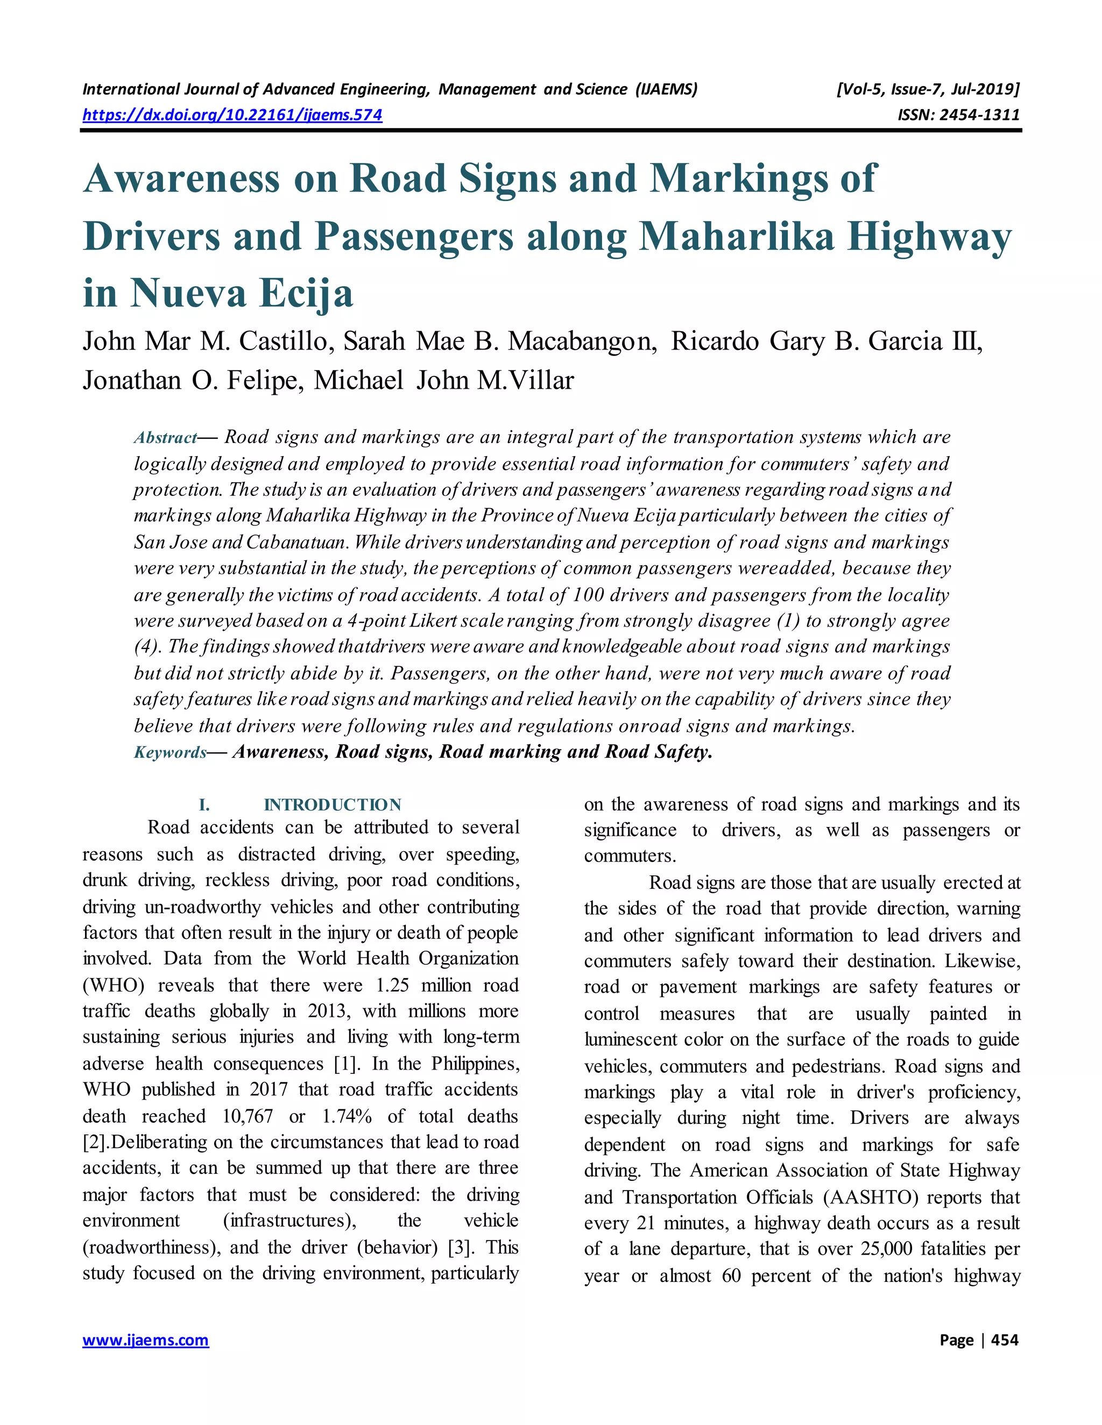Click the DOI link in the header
click(x=232, y=116)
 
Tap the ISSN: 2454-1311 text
click(x=958, y=116)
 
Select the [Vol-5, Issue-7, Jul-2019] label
click(x=927, y=89)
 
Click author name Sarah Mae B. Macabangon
click(x=499, y=341)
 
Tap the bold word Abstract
click(x=165, y=438)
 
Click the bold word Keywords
click(x=169, y=752)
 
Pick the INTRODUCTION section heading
click(x=333, y=804)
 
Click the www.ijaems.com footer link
click(x=146, y=1340)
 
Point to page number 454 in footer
click(x=1004, y=1340)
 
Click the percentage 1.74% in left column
click(x=347, y=1116)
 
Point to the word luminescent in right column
click(x=631, y=1039)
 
